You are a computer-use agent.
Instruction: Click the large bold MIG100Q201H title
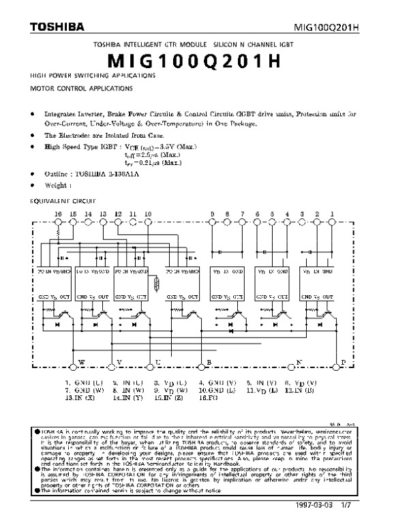coord(204,61)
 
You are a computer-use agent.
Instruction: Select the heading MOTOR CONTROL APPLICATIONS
coord(76,89)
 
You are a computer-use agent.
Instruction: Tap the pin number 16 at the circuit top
coord(57,214)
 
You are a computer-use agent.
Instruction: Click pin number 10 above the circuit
coord(148,214)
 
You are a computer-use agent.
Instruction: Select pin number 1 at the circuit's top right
coord(332,214)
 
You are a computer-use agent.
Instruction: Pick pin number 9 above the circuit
coord(213,214)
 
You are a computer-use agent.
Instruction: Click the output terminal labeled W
coord(82,361)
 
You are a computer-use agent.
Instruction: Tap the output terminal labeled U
coord(158,361)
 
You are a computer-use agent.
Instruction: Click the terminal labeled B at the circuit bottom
coord(210,361)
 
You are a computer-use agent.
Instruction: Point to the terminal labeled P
coord(344,361)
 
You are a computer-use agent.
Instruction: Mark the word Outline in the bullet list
coord(59,174)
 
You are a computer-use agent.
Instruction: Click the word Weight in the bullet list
coord(58,185)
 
